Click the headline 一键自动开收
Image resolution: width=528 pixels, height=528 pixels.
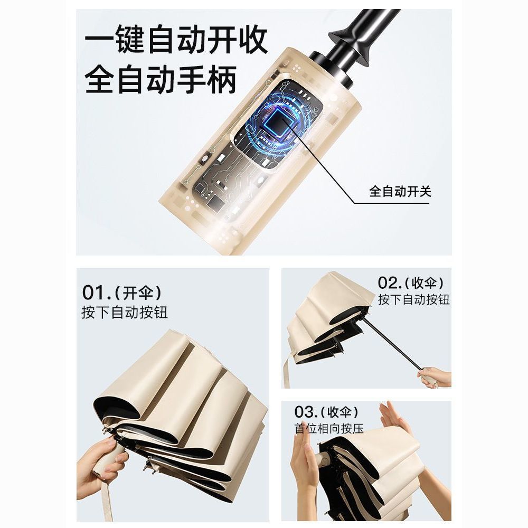(176, 40)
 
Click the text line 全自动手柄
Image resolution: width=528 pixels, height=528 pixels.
(161, 80)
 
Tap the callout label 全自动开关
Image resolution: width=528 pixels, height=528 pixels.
(400, 191)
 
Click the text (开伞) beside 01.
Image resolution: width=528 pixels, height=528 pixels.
(138, 293)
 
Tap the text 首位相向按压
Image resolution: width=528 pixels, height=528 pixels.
(329, 429)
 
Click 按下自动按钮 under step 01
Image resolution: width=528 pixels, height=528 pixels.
(125, 312)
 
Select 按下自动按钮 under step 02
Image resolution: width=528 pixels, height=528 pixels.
(414, 299)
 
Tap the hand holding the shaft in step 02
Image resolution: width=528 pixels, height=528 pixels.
(435, 378)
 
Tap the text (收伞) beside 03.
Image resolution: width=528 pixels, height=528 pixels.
(340, 411)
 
